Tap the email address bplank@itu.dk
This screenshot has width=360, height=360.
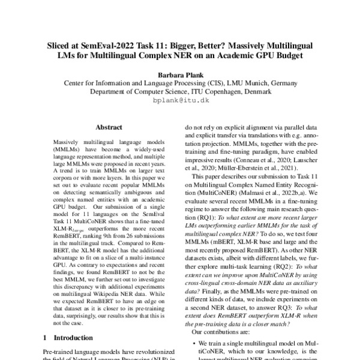point(180,101)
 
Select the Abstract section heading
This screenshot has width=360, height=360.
point(109,127)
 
